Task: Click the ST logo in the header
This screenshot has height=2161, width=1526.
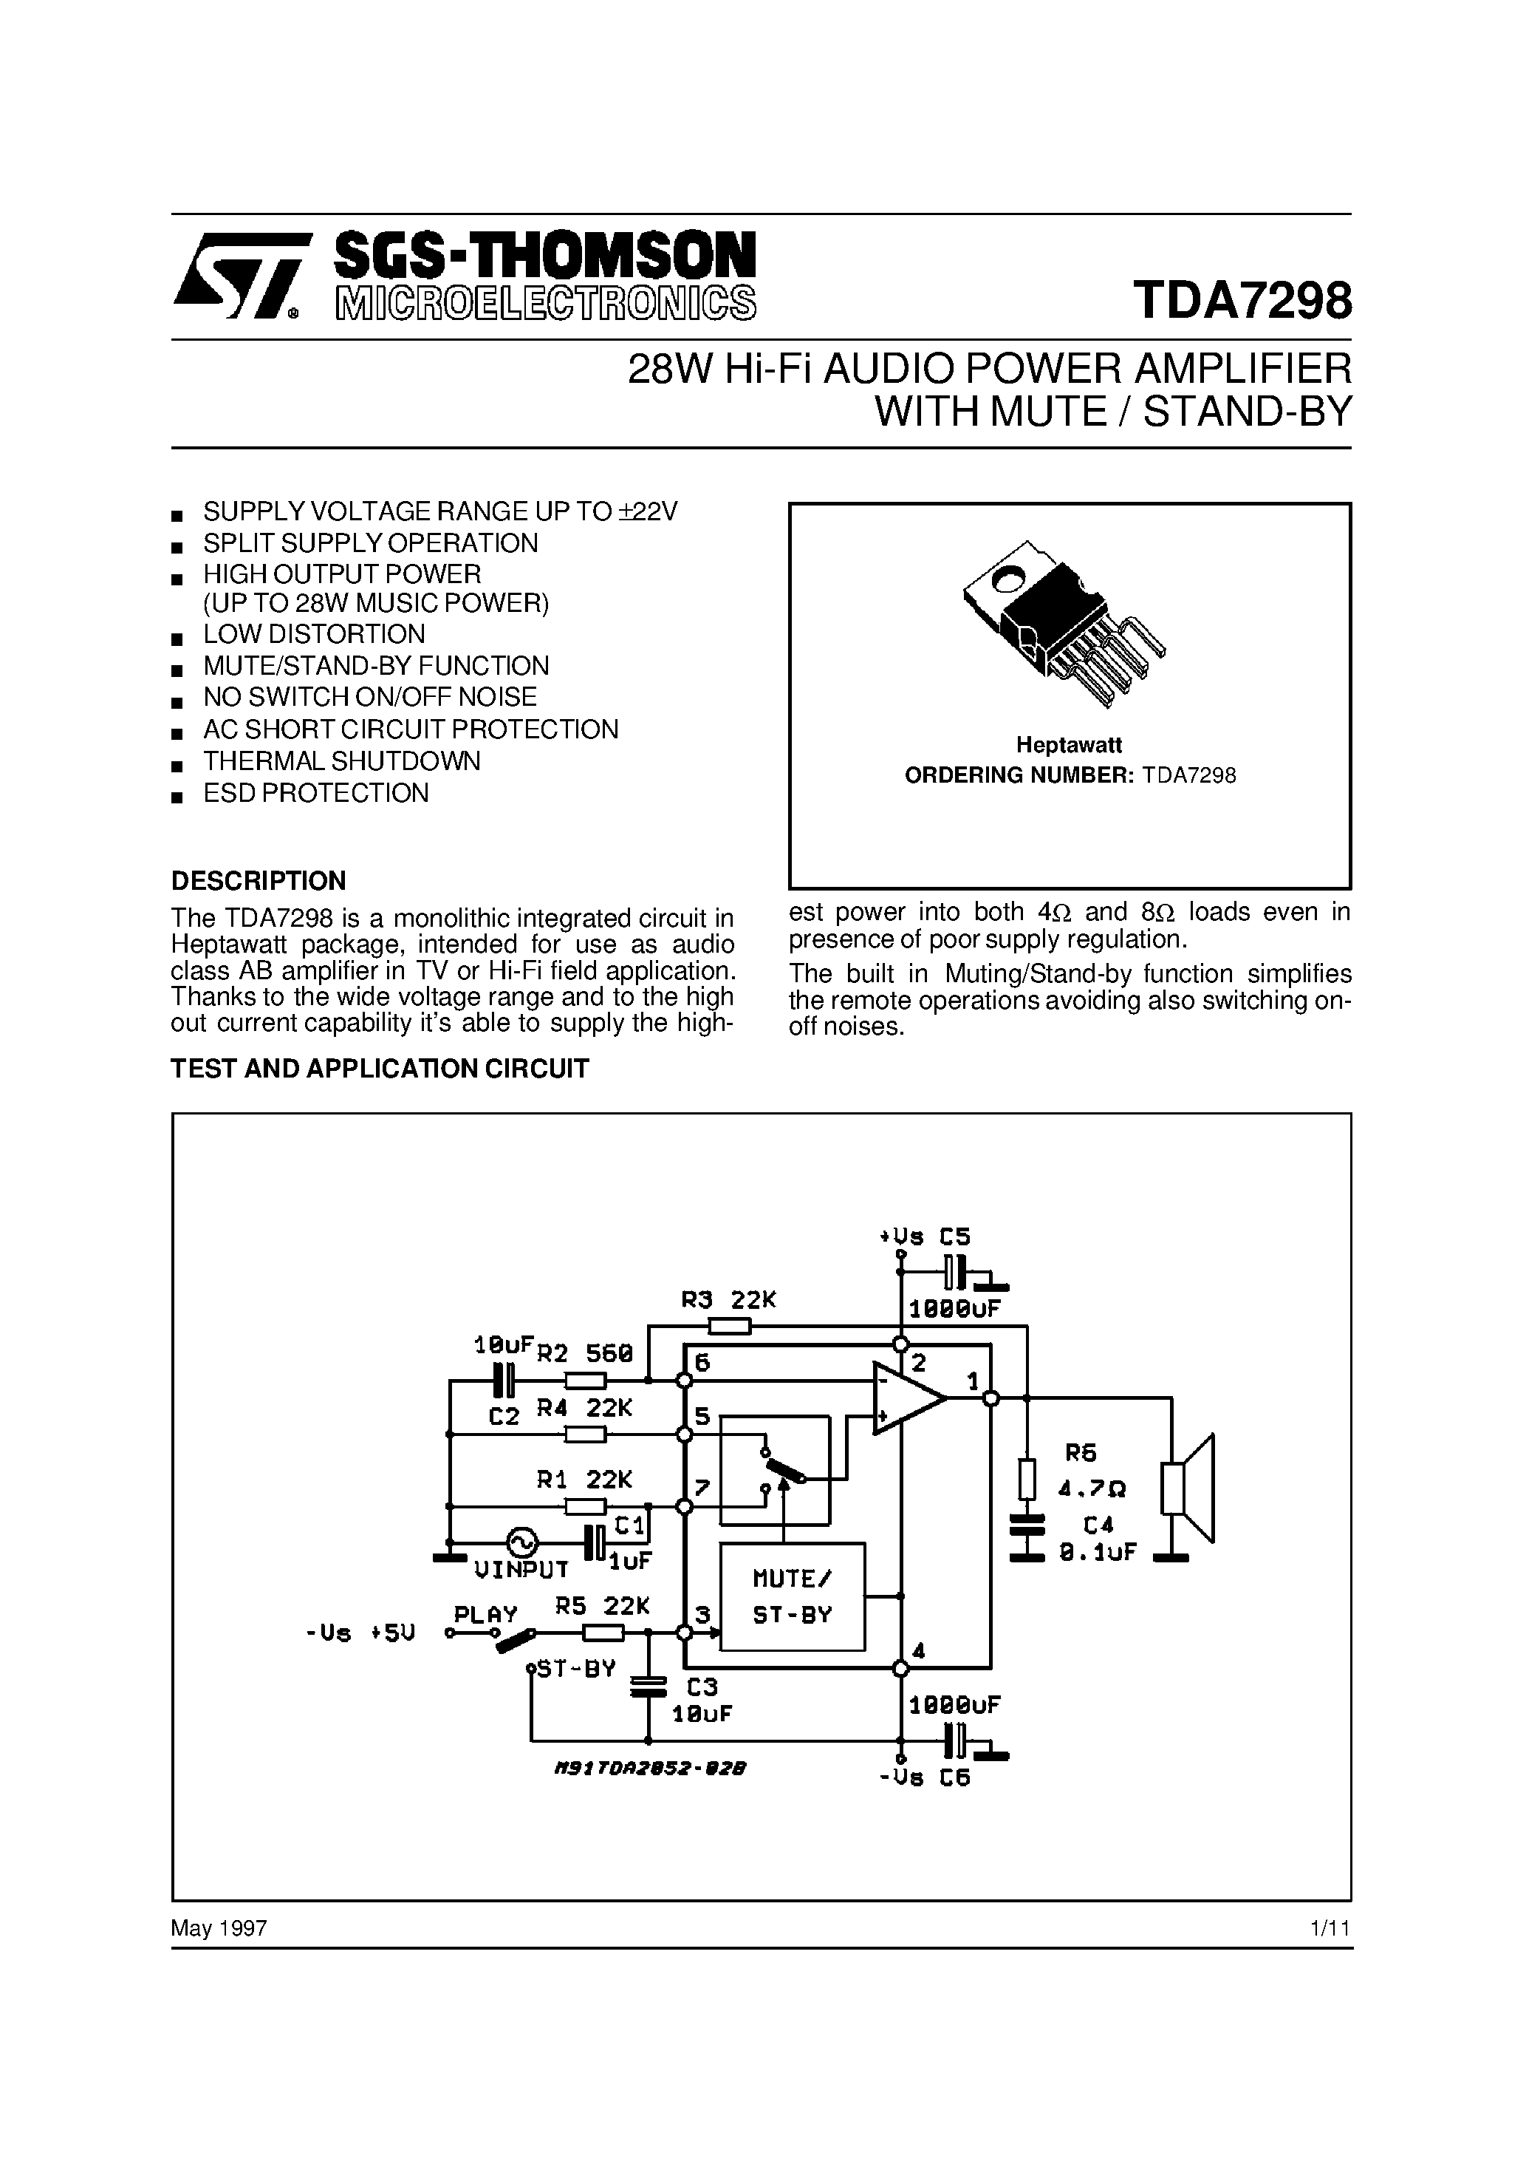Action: [x=240, y=276]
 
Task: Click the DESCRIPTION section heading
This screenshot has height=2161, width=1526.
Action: [x=259, y=881]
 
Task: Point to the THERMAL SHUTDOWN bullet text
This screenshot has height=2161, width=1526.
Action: [x=341, y=761]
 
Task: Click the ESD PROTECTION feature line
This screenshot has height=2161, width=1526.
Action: [x=316, y=794]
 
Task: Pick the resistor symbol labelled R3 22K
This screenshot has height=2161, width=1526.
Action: [x=729, y=1326]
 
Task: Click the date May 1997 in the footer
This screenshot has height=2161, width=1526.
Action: [x=219, y=1928]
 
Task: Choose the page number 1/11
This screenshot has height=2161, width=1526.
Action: [x=1330, y=1928]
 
